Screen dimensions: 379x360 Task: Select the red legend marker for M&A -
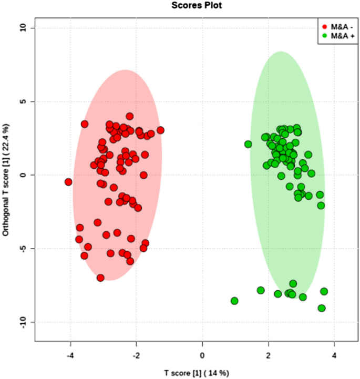pyautogui.click(x=325, y=26)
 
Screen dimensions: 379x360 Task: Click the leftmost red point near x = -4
pyautogui.click(x=68, y=182)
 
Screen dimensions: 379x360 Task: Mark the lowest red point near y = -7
pyautogui.click(x=100, y=278)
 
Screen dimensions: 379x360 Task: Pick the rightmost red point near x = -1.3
pyautogui.click(x=160, y=130)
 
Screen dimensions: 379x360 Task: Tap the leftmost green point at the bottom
pyautogui.click(x=234, y=301)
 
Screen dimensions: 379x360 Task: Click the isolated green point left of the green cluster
pyautogui.click(x=248, y=144)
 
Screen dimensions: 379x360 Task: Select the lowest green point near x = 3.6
pyautogui.click(x=322, y=308)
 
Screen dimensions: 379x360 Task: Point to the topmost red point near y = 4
pyautogui.click(x=129, y=116)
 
